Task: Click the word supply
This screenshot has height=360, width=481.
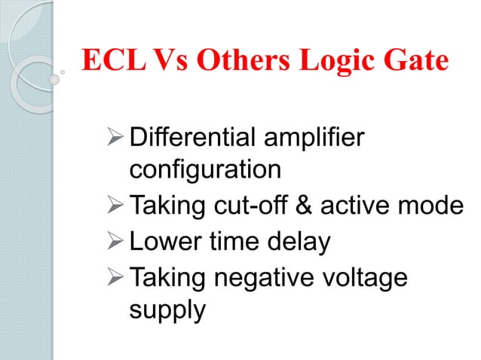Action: [167, 310]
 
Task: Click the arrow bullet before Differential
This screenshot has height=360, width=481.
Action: [115, 139]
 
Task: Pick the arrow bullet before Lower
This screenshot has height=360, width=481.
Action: [115, 242]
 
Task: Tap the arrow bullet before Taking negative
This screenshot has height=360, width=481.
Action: [115, 278]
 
